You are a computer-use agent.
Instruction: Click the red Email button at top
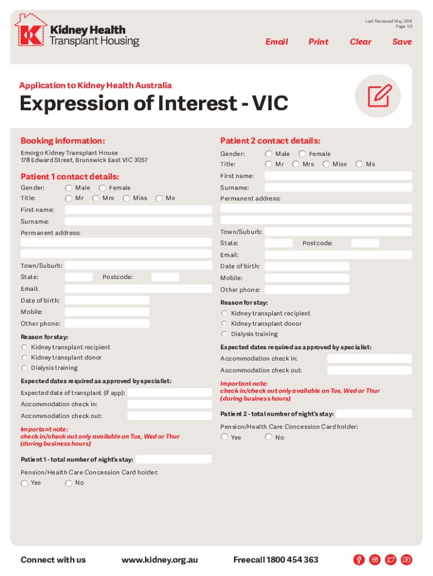pyautogui.click(x=277, y=42)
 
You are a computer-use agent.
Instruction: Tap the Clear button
pyautogui.click(x=360, y=42)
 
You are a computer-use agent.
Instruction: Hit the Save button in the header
pyautogui.click(x=402, y=42)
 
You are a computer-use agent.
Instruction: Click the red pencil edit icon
pyautogui.click(x=379, y=96)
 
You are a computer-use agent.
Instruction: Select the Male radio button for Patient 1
pyautogui.click(x=69, y=188)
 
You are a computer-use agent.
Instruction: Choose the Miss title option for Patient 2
pyautogui.click(x=326, y=164)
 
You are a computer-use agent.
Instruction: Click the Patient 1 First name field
pyautogui.click(x=138, y=210)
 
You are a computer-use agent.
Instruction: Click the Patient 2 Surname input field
pyautogui.click(x=338, y=187)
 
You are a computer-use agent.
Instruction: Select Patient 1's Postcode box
pyautogui.click(x=165, y=277)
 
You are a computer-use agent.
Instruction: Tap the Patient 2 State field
pyautogui.click(x=278, y=244)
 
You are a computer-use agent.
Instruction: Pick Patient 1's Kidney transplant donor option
pyautogui.click(x=25, y=358)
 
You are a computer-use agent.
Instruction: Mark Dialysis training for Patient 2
pyautogui.click(x=224, y=334)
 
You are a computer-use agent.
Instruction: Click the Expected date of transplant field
pyautogui.click(x=169, y=393)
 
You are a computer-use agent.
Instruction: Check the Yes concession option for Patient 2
pyautogui.click(x=224, y=437)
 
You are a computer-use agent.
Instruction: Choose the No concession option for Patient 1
pyautogui.click(x=69, y=483)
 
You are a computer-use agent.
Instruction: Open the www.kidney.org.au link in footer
pyautogui.click(x=160, y=560)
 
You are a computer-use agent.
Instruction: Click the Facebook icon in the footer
pyautogui.click(x=359, y=560)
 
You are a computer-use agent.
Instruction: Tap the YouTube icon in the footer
pyautogui.click(x=407, y=560)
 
